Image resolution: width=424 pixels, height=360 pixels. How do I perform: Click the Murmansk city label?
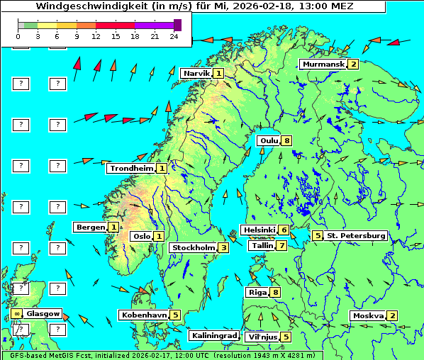tap(323, 64)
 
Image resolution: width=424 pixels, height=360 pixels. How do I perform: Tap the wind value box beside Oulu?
tap(286, 140)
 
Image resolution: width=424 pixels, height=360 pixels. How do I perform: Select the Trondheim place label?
tap(131, 168)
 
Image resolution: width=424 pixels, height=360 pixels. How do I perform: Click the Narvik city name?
tap(196, 73)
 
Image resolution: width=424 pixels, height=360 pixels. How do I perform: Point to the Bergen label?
tap(91, 227)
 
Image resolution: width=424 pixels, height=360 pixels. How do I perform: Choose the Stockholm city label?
tap(193, 247)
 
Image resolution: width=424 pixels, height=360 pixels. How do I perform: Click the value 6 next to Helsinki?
tap(284, 230)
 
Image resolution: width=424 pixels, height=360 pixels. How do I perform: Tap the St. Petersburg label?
tap(355, 235)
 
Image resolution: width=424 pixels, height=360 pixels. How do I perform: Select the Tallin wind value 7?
tap(282, 245)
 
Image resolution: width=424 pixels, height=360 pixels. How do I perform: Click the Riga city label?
tap(256, 292)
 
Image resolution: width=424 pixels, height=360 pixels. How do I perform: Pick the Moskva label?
tap(367, 315)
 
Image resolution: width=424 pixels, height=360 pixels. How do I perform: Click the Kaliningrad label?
tap(213, 335)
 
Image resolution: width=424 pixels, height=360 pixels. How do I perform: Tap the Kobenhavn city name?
tap(144, 315)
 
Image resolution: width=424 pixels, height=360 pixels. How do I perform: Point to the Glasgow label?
tap(43, 313)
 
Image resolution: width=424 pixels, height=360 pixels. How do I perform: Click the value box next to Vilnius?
tap(285, 337)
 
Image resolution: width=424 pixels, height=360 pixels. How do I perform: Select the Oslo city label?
tap(141, 236)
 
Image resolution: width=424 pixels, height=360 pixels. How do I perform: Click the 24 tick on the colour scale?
tap(174, 35)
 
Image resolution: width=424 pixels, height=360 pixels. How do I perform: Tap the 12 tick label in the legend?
tap(96, 35)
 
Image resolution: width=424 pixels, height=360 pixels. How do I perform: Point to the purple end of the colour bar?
tap(177, 25)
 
